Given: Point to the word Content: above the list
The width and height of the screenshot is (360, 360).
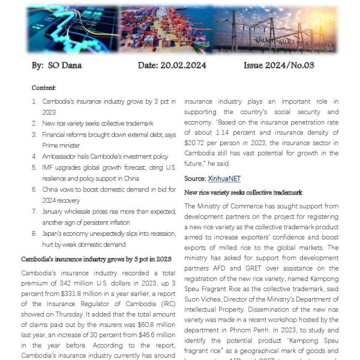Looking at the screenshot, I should pyautogui.click(x=44, y=88).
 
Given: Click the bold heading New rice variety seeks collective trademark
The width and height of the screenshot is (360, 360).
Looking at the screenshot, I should pyautogui.click(x=243, y=192).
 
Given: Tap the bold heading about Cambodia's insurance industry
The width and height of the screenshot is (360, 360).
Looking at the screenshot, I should pyautogui.click(x=96, y=259).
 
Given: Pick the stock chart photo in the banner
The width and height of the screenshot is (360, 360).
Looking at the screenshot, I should pyautogui.click(x=71, y=30).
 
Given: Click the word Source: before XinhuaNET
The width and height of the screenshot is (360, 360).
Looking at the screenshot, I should pyautogui.click(x=195, y=179).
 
